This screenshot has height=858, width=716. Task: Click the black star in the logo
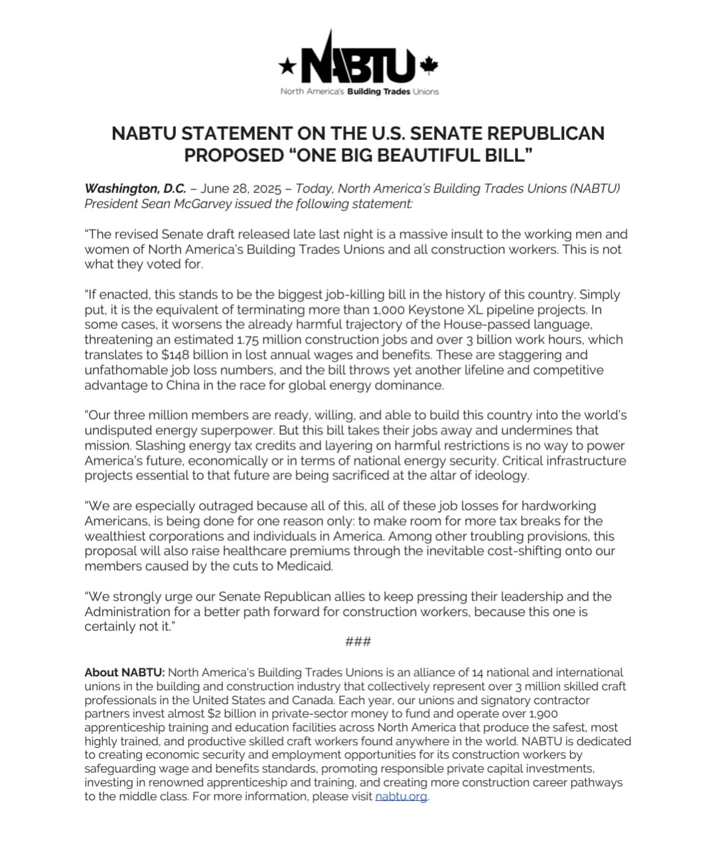coord(287,65)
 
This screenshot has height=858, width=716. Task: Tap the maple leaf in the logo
coord(429,65)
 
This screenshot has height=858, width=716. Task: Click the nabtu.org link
coord(401,796)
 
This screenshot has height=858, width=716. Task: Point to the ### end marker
coord(358,641)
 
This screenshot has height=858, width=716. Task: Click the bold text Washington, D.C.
coord(135,188)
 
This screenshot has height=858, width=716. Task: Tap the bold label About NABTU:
coord(124,672)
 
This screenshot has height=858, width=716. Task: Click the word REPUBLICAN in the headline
coord(545,133)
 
